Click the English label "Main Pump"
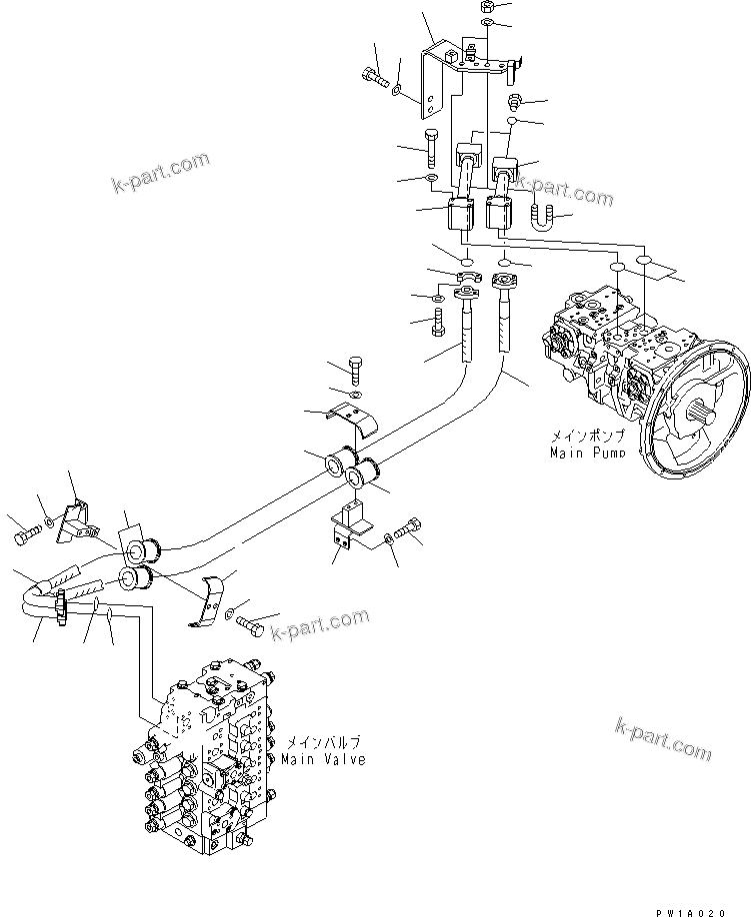pos(588,453)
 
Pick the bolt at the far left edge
pos(25,537)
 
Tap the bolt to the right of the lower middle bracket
pos(408,528)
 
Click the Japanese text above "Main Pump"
pos(588,436)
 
